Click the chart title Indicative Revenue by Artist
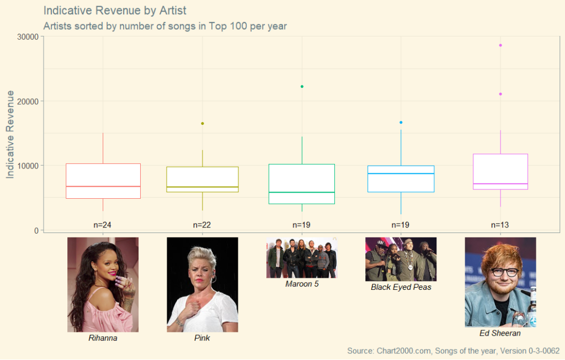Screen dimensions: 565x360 tap(115, 10)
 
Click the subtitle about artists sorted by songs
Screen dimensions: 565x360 tap(165, 27)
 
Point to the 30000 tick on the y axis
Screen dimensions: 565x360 tap(28, 37)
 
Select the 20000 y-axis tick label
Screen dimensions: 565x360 tap(28, 102)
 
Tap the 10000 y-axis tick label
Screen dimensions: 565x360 tap(28, 166)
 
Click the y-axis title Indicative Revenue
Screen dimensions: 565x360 tap(10, 135)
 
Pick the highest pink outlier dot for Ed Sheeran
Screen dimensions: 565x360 tap(500, 45)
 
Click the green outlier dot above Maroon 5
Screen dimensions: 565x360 tap(302, 87)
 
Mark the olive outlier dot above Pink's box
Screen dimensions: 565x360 tap(202, 124)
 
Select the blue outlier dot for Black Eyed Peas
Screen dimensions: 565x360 tap(401, 123)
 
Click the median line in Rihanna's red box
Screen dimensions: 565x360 tap(103, 187)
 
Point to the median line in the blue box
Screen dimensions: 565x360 tap(401, 174)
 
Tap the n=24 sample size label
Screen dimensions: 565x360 tap(102, 225)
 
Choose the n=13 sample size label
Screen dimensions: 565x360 tap(500, 225)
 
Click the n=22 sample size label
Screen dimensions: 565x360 tap(202, 225)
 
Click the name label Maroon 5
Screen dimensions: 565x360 tap(302, 284)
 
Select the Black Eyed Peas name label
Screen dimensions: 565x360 tap(401, 287)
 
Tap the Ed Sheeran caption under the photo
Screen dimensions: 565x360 tap(500, 333)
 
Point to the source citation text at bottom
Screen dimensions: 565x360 tap(454, 351)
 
